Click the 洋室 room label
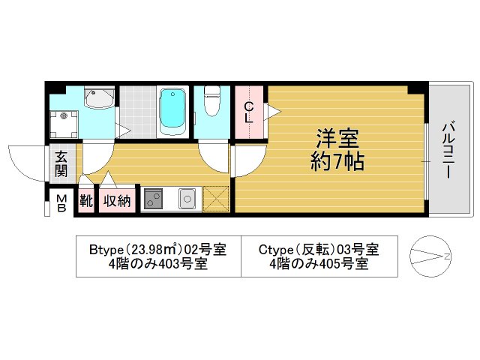point(337,139)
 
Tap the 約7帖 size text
point(337,161)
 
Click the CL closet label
point(248,112)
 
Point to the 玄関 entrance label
point(61,164)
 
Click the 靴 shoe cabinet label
point(86,201)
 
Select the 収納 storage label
point(117,201)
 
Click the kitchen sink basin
point(186,199)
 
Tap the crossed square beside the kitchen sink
point(215,199)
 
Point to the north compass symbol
point(430,257)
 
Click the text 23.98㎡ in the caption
point(153,248)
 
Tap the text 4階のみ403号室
point(157,264)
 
